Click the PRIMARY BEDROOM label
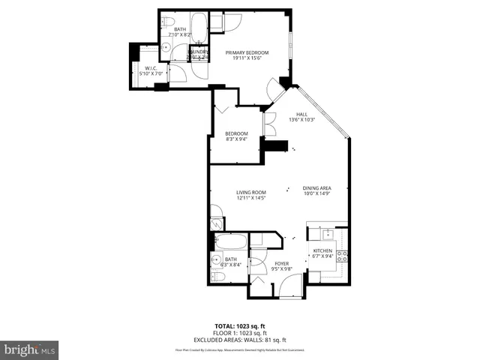click(x=247, y=52)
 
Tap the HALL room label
click(x=301, y=114)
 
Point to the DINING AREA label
click(x=317, y=188)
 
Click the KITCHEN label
click(x=322, y=250)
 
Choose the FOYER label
click(x=281, y=263)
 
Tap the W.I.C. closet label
click(x=149, y=68)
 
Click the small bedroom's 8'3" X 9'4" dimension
click(x=236, y=139)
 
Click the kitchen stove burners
click(x=342, y=256)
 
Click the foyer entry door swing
click(x=292, y=285)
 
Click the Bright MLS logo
click(x=29, y=349)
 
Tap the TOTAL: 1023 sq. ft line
click(x=239, y=325)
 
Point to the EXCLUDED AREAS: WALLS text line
click(x=239, y=339)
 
